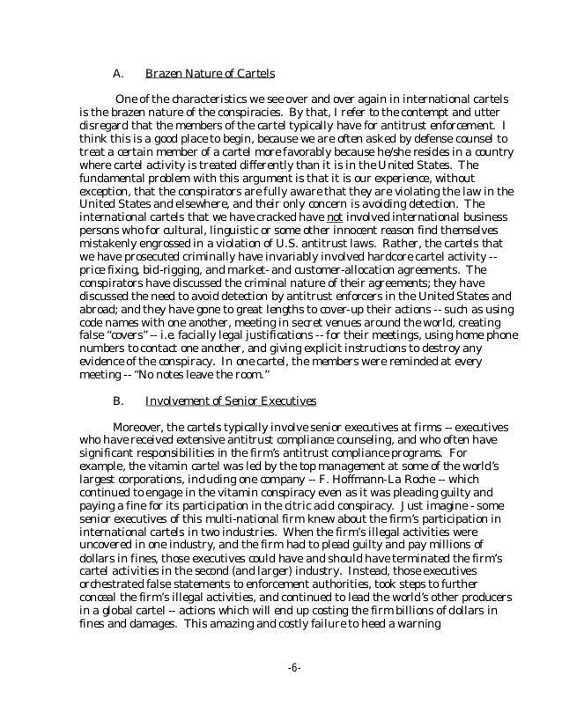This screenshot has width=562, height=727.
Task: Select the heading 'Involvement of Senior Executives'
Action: coord(230,401)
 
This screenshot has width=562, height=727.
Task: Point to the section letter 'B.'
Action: coord(122,401)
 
